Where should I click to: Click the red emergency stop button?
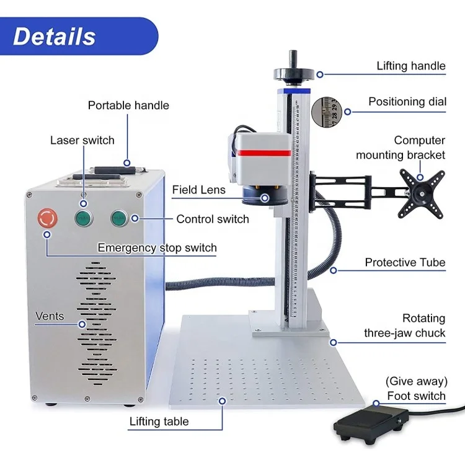[47, 218]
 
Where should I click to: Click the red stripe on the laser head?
[263, 153]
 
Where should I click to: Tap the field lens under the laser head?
[263, 196]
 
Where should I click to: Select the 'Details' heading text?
[55, 37]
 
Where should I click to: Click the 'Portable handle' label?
[128, 105]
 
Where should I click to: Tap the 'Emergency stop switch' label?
[157, 248]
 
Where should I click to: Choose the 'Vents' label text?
[50, 316]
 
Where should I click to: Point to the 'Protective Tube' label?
[405, 262]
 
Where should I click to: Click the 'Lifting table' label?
[159, 422]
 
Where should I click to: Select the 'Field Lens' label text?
[198, 190]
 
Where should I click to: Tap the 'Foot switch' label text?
[416, 396]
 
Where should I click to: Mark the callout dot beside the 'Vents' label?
[82, 324]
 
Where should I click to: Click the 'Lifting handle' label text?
[411, 66]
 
